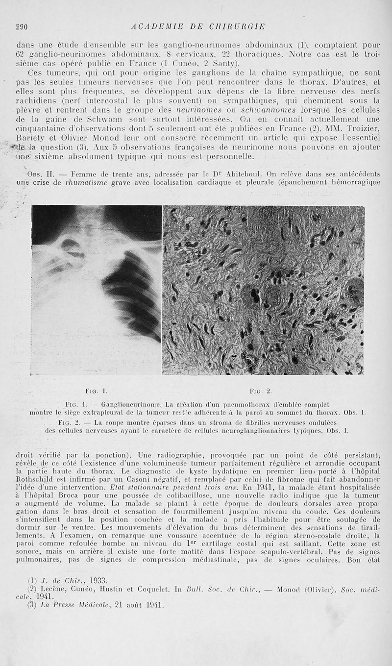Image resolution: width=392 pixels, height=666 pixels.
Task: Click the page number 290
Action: click(x=22, y=26)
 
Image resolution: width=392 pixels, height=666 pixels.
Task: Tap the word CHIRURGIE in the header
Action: click(x=237, y=26)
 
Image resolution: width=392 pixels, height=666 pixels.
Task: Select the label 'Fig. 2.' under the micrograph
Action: click(x=261, y=391)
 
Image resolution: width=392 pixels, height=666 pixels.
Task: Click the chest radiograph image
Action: click(x=97, y=289)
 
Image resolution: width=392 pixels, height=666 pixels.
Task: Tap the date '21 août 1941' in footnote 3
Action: click(x=135, y=604)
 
